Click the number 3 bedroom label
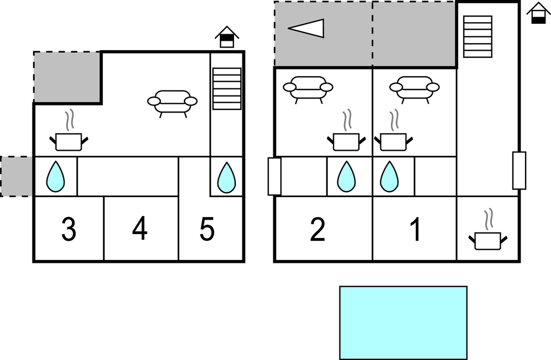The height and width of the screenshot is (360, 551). click(x=69, y=229)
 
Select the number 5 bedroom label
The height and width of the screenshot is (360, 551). click(x=207, y=229)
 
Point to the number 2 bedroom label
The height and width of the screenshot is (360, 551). click(x=317, y=229)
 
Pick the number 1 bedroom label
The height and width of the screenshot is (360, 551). click(x=416, y=229)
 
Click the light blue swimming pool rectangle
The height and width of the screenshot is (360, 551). click(x=404, y=323)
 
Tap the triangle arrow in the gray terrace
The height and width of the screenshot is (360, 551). click(x=306, y=28)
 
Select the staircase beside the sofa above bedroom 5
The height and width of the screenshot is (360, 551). click(x=227, y=88)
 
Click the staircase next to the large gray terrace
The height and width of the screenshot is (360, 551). click(x=478, y=36)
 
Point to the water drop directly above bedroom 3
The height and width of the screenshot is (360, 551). click(x=56, y=177)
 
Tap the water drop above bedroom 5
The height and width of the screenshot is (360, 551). click(x=227, y=177)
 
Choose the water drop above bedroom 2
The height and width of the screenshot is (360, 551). click(x=346, y=177)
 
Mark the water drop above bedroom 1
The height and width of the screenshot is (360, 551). click(x=389, y=177)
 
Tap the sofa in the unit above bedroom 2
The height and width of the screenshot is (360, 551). click(x=308, y=89)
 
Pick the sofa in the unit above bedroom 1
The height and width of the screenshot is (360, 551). click(x=414, y=89)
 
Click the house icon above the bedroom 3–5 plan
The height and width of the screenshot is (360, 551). click(x=227, y=37)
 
